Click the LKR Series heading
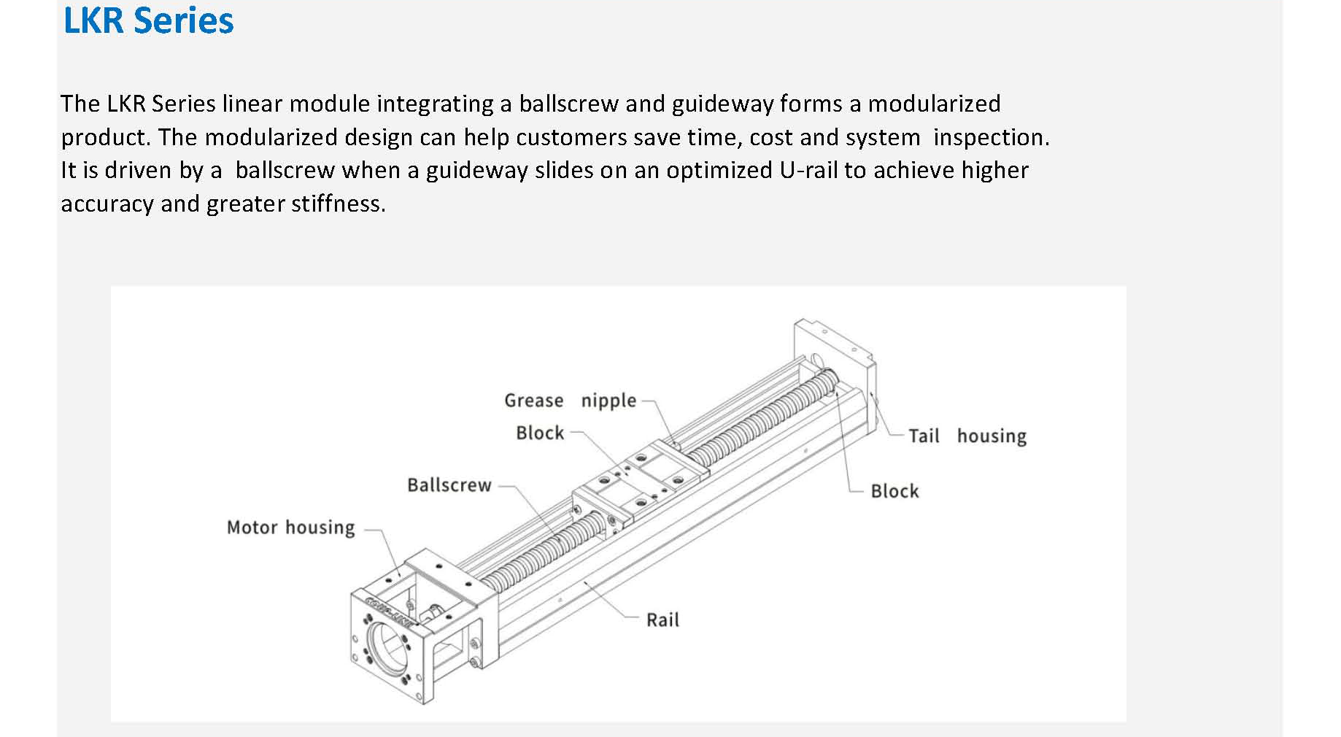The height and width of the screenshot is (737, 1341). point(148,20)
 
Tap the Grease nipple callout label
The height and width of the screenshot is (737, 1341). point(570,401)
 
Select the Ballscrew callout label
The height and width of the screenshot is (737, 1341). point(449,485)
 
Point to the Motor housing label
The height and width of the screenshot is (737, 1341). point(290,528)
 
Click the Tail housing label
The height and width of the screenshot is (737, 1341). point(967,436)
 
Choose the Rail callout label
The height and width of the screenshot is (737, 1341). point(662,620)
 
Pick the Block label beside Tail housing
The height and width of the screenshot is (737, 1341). point(894,491)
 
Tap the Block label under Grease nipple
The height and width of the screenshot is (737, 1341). point(540,433)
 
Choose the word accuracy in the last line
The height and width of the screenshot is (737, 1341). point(107,204)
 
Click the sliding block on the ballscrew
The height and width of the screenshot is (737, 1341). point(642,482)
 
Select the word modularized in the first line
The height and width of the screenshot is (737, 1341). point(934,104)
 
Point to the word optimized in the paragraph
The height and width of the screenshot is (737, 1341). point(719,170)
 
